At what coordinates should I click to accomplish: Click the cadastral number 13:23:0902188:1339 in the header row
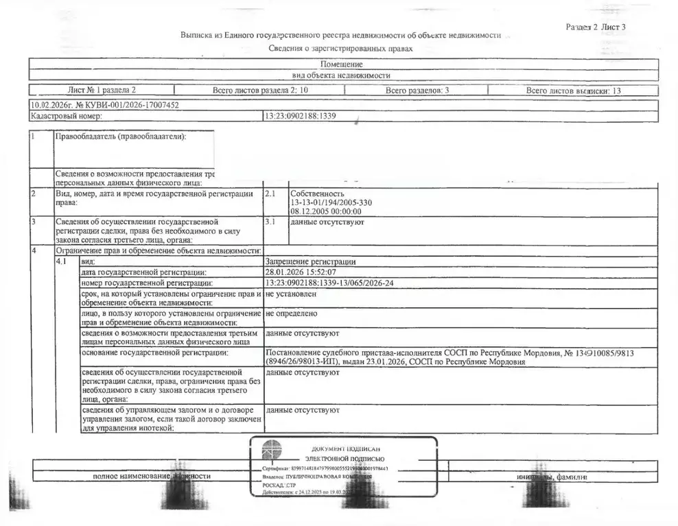300,117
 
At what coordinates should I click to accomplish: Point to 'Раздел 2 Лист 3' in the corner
596,27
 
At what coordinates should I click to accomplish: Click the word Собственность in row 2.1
317,194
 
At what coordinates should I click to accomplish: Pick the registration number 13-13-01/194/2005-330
332,203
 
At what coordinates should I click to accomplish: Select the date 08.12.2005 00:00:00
325,212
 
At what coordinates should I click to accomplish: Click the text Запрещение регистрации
311,261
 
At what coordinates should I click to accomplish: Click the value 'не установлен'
291,294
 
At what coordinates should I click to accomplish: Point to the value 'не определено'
291,313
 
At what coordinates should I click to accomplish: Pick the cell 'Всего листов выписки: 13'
574,90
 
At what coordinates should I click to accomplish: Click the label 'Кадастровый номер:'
67,117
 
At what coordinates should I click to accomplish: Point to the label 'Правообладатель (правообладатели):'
121,136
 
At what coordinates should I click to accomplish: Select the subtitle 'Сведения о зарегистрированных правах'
341,49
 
